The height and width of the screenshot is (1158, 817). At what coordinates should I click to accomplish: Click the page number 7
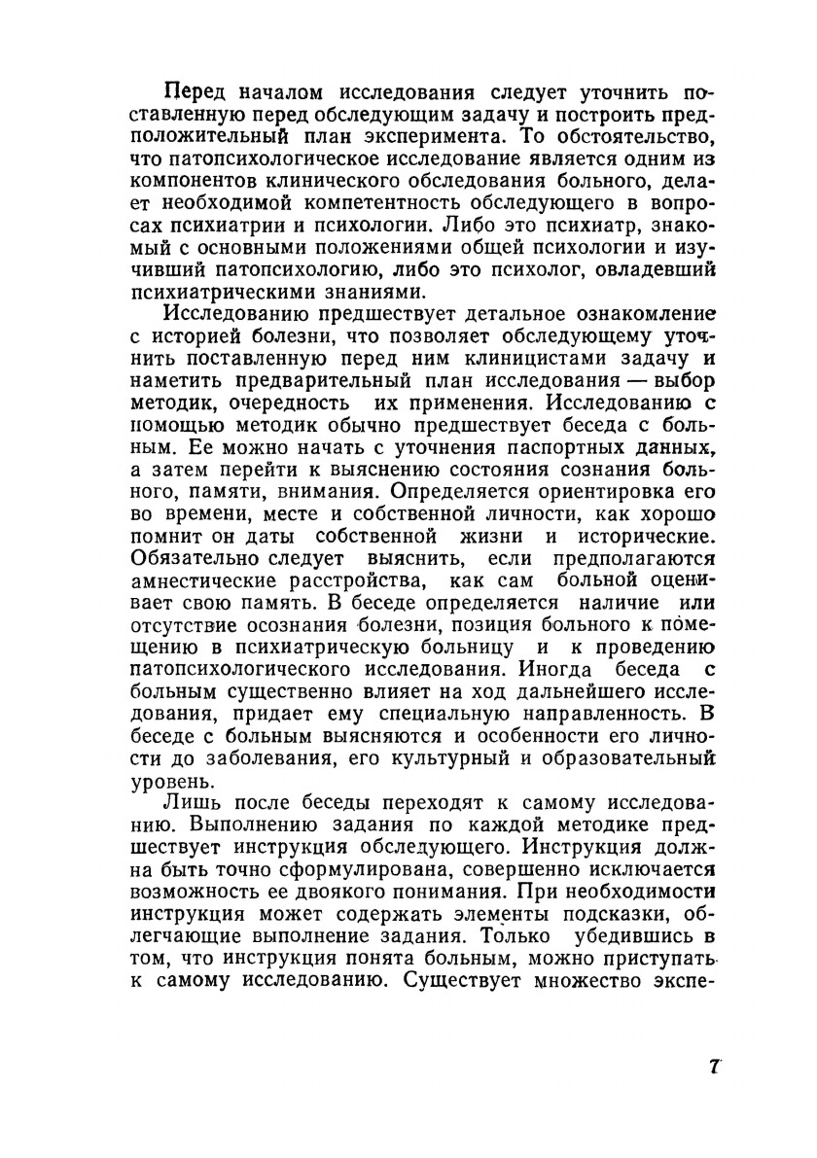coord(714,1066)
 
